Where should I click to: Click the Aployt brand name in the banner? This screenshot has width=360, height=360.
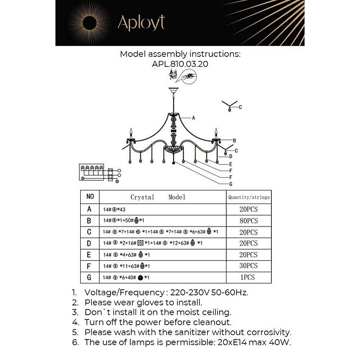pyautogui.click(x=141, y=23)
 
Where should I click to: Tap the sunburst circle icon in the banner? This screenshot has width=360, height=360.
pyautogui.click(x=91, y=23)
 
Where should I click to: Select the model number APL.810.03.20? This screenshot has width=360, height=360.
pyautogui.click(x=180, y=64)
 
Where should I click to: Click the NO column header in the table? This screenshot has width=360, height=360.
pyautogui.click(x=89, y=197)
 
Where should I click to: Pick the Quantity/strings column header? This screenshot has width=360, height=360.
pyautogui.click(x=249, y=197)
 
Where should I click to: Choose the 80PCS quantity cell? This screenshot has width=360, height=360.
pyautogui.click(x=249, y=221)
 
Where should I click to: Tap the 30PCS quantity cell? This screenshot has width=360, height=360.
pyautogui.click(x=249, y=266)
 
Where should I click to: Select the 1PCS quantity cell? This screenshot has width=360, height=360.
pyautogui.click(x=249, y=278)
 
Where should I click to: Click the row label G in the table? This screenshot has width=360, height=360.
pyautogui.click(x=89, y=278)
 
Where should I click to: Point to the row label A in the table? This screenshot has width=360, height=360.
pyautogui.click(x=89, y=209)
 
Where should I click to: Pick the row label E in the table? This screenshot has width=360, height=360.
pyautogui.click(x=89, y=254)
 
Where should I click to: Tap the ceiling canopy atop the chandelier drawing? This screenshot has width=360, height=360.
pyautogui.click(x=172, y=90)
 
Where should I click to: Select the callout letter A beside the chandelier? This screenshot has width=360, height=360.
pyautogui.click(x=193, y=118)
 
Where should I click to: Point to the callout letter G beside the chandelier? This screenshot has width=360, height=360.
pyautogui.click(x=231, y=183)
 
